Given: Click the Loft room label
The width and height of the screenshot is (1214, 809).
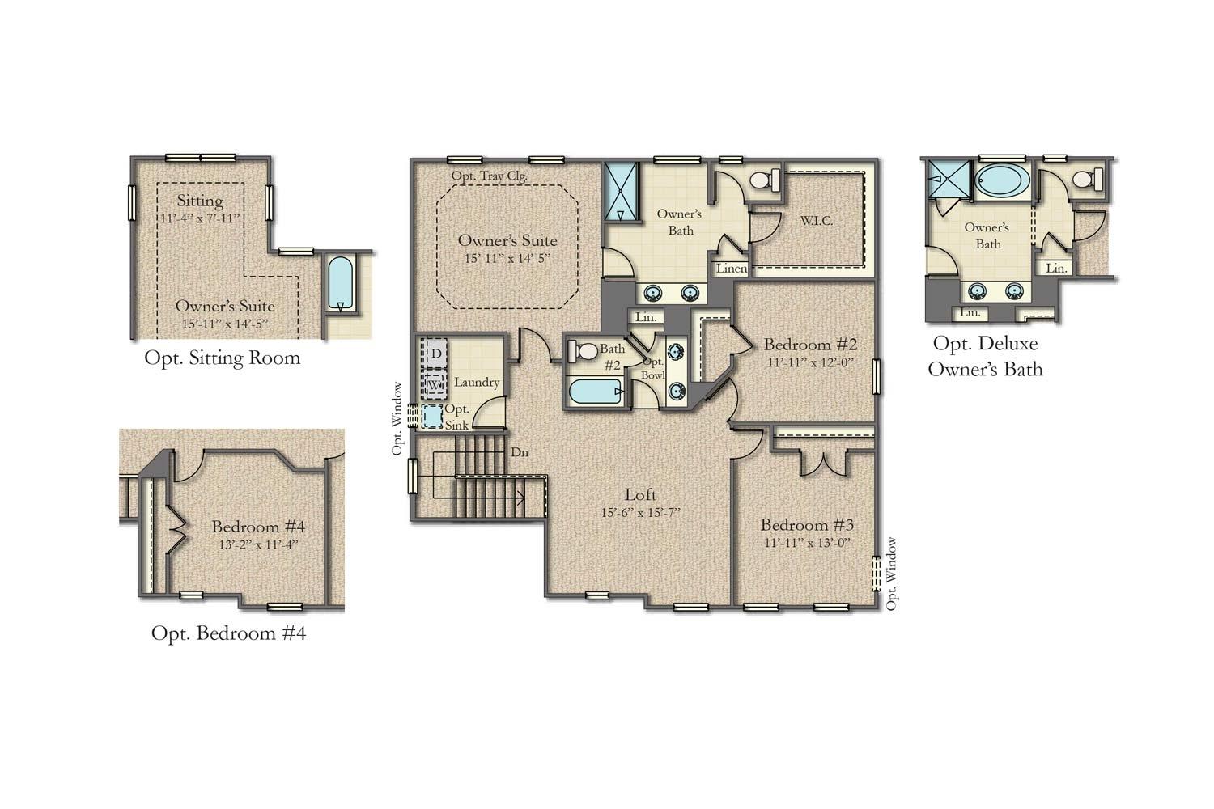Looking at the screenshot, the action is click(640, 494).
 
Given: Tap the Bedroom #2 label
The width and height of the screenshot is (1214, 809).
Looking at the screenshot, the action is click(810, 344).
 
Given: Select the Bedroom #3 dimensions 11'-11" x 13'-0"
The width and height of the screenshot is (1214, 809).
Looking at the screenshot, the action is click(807, 542).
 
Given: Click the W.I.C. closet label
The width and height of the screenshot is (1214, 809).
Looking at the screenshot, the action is click(816, 221).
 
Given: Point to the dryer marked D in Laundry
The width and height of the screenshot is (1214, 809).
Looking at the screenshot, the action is click(436, 354).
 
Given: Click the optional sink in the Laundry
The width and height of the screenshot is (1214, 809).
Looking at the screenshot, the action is click(432, 417).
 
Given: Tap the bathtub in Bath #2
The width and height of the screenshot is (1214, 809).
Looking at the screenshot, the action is click(595, 392).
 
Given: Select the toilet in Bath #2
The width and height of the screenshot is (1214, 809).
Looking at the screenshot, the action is click(582, 352).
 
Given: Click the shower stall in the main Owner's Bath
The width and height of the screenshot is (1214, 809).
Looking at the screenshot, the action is click(621, 191).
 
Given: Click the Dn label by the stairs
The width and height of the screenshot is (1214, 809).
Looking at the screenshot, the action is click(520, 452).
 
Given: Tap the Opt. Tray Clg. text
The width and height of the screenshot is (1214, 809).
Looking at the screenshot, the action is click(490, 176).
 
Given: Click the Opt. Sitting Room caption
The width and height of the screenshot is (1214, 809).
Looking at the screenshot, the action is click(223, 358).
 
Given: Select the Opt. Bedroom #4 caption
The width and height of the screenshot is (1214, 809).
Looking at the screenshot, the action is click(229, 633).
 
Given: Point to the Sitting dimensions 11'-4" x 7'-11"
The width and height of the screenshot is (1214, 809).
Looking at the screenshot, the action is click(200, 218).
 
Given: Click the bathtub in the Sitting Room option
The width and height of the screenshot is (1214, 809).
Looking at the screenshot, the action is click(341, 284).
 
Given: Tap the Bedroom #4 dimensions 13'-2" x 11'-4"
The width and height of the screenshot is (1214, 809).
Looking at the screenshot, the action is click(258, 544).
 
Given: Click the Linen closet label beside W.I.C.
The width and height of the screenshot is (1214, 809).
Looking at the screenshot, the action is click(732, 269).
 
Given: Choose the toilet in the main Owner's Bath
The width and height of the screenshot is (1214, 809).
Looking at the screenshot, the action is click(764, 180).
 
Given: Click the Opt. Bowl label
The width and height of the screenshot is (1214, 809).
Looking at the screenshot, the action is click(653, 368).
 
